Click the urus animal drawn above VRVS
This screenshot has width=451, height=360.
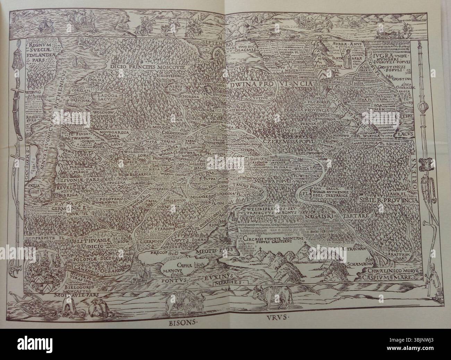[267, 297]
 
